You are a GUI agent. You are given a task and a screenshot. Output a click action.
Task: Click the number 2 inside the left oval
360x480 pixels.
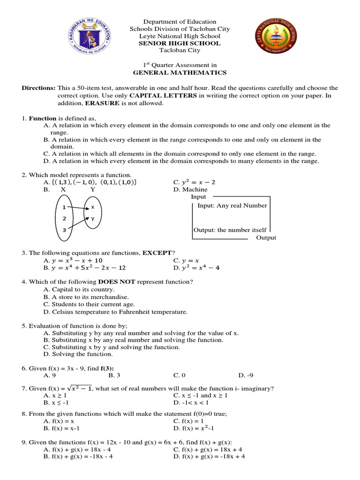click(64, 218)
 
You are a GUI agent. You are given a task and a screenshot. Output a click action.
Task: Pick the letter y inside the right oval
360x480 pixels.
click(93, 218)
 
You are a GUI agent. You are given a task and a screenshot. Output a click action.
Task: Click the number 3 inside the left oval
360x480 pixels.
click(64, 231)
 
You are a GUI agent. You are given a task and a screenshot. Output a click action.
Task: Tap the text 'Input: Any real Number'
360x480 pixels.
click(232, 205)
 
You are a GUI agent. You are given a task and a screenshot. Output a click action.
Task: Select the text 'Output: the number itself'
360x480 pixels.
click(230, 230)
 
